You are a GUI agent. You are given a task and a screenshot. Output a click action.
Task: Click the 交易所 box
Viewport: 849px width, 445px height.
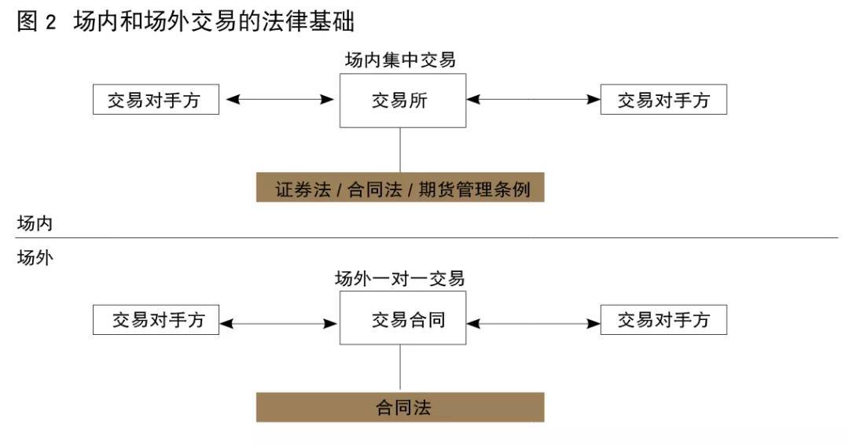click(x=402, y=101)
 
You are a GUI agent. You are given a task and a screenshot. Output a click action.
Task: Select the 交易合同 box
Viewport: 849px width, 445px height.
click(x=402, y=318)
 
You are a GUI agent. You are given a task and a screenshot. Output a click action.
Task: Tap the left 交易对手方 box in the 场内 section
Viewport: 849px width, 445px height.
click(x=156, y=100)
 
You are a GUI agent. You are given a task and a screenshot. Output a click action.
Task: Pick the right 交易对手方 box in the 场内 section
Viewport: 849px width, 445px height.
click(x=663, y=100)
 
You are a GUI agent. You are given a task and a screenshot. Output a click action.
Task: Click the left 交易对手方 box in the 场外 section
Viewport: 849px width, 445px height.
click(x=156, y=320)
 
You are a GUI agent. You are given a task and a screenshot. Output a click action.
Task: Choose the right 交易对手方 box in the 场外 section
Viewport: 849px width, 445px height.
click(x=663, y=320)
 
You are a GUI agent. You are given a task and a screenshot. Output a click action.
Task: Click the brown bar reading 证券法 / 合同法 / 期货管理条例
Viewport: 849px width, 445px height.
click(x=399, y=189)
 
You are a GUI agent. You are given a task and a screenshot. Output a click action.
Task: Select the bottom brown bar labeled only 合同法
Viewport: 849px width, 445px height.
click(x=399, y=407)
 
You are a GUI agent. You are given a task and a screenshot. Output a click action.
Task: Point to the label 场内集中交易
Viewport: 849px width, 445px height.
click(x=400, y=61)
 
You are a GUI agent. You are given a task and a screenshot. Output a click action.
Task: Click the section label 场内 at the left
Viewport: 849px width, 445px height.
click(x=35, y=223)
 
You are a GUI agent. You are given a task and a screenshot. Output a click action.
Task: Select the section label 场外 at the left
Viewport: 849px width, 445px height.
click(x=35, y=257)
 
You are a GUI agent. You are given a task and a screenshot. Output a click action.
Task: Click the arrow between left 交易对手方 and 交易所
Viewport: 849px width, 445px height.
click(x=279, y=100)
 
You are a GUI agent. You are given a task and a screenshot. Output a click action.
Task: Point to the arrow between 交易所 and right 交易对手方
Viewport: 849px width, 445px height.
click(x=533, y=100)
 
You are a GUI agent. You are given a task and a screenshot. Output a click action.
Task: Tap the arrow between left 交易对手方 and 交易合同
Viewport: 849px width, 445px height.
click(x=279, y=322)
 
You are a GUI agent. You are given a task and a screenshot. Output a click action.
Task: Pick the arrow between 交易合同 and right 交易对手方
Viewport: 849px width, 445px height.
click(x=533, y=322)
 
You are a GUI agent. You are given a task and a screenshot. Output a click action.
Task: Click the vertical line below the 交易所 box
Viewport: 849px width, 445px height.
click(x=400, y=149)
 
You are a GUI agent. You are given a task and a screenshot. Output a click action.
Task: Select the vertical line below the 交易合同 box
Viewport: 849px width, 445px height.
click(x=400, y=368)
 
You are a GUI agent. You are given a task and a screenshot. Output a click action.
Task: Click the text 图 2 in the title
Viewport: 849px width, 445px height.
click(x=37, y=21)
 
